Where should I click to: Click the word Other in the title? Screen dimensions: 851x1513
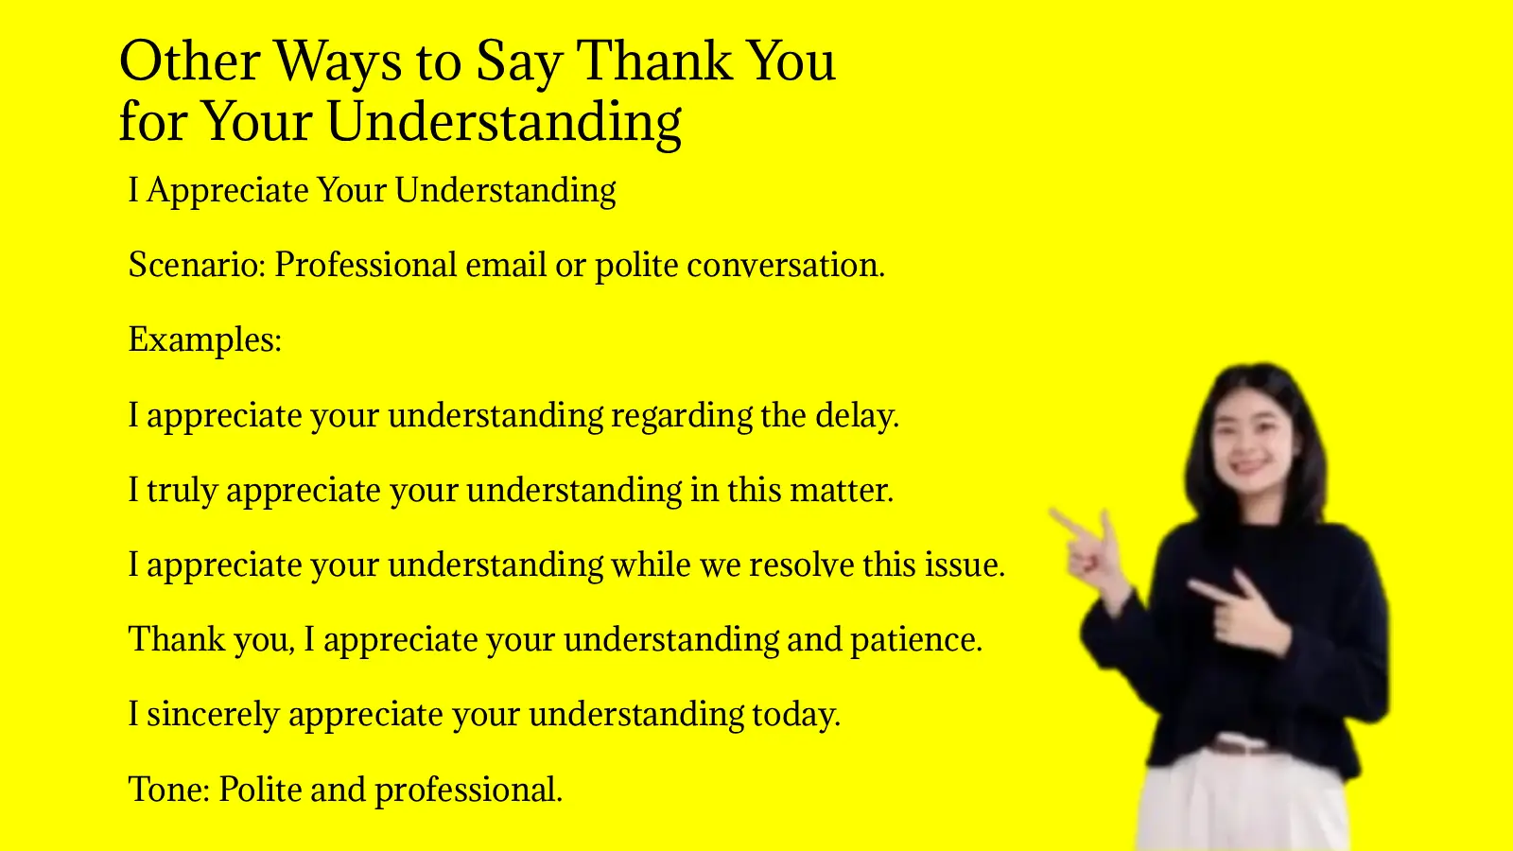coord(189,61)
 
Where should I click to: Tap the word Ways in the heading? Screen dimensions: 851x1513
coord(338,63)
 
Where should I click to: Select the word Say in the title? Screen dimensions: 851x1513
coord(519,63)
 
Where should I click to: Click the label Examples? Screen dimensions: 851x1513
coord(205,339)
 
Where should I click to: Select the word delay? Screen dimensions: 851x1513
coord(857,415)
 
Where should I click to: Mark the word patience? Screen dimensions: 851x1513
coord(915,640)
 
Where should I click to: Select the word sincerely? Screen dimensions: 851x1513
coord(214,715)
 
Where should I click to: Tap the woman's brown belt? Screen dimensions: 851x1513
coord(1242,746)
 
